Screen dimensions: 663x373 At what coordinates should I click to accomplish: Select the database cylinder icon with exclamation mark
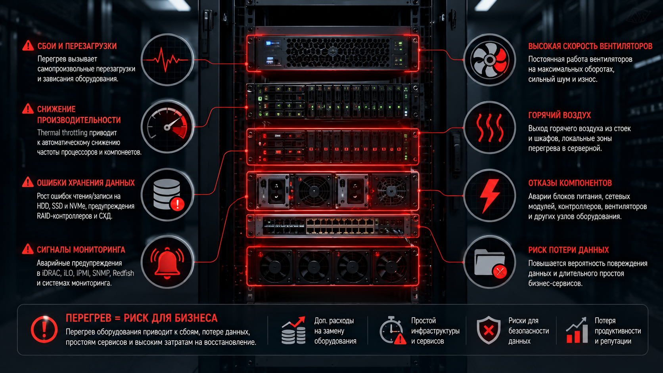point(168,195)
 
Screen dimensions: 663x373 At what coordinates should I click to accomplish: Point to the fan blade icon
point(490,60)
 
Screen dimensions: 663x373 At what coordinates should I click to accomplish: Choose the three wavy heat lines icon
point(490,128)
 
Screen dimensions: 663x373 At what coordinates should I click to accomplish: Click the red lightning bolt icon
point(490,196)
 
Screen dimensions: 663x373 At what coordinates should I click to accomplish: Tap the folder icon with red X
point(490,263)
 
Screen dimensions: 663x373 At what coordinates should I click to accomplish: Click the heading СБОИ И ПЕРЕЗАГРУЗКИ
point(77,46)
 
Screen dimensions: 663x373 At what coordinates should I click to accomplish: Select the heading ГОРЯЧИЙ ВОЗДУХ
point(560,115)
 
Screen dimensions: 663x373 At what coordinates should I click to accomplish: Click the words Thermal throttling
point(62,132)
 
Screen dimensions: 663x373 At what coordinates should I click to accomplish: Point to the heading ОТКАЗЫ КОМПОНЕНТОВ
point(570,183)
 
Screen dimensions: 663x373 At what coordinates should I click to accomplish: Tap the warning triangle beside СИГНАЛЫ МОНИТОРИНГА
point(28,249)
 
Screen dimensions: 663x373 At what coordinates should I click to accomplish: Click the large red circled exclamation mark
point(44,329)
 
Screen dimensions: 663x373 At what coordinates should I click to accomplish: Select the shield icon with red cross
point(489,330)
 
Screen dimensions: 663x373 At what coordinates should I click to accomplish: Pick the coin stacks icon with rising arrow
point(293,331)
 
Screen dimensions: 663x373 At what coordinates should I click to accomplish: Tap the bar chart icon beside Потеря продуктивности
point(577,331)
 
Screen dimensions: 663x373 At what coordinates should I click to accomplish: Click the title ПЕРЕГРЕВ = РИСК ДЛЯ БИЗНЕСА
point(142,318)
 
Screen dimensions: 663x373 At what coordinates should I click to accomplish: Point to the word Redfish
point(123,273)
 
